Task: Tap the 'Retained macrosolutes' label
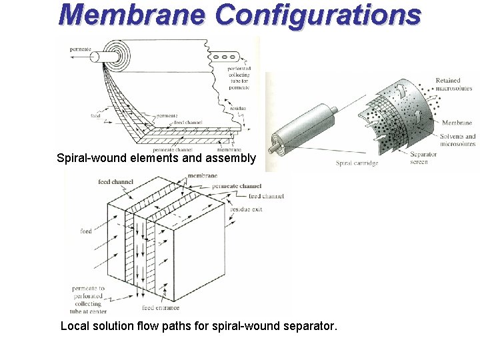[453, 85]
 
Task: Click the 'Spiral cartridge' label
[357, 163]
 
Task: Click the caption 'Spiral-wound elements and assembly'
[156, 159]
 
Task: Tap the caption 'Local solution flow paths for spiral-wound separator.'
[199, 327]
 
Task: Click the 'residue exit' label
[246, 209]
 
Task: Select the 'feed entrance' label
[157, 308]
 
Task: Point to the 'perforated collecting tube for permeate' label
[238, 77]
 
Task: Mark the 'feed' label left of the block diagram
[86, 231]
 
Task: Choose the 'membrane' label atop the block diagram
[202, 175]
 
